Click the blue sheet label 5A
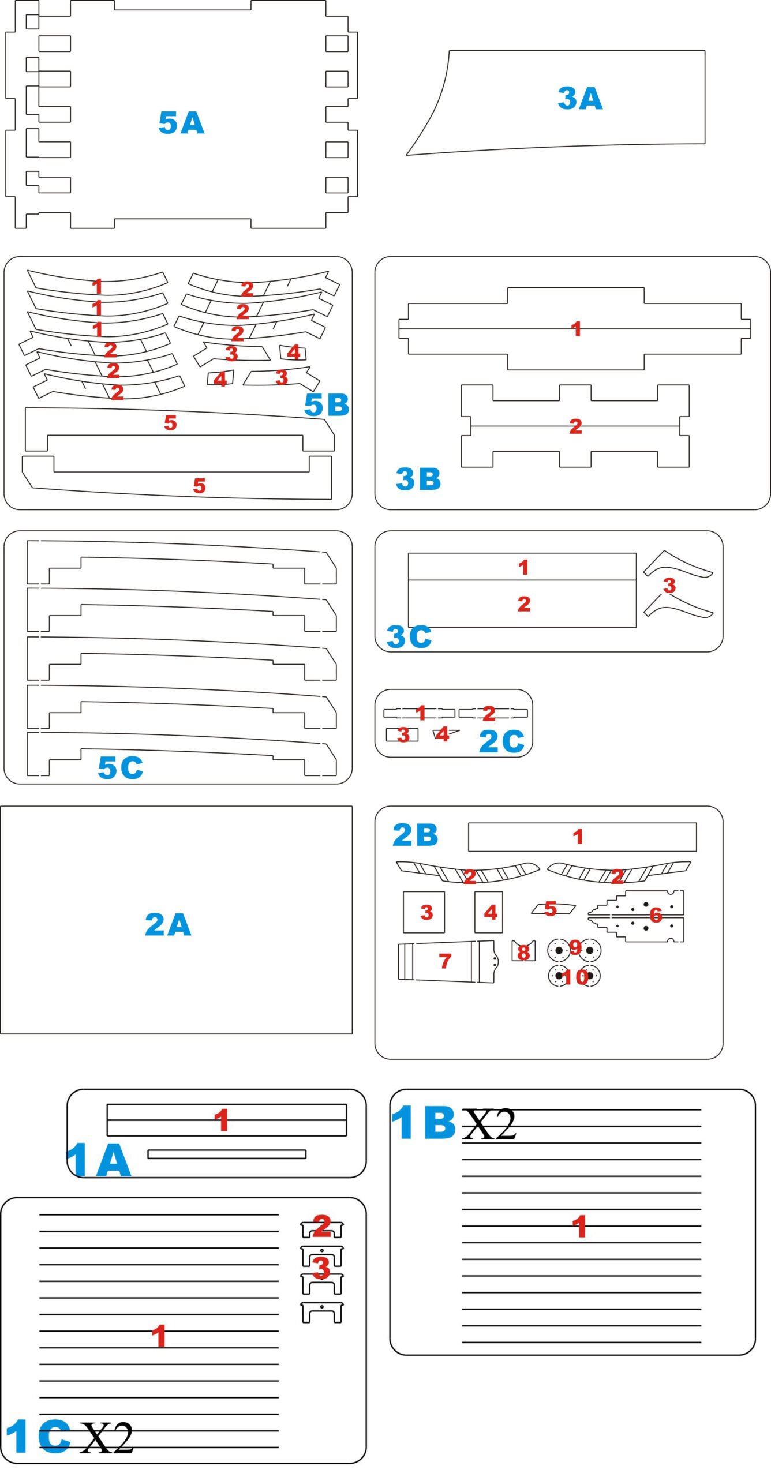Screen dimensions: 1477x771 pyautogui.click(x=181, y=123)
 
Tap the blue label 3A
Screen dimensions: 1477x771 pyautogui.click(x=580, y=98)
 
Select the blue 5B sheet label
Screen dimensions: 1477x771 pyautogui.click(x=327, y=404)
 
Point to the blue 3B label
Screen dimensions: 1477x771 pyautogui.click(x=418, y=479)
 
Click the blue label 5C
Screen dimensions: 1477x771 pyautogui.click(x=120, y=767)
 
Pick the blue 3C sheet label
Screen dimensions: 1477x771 pyautogui.click(x=409, y=636)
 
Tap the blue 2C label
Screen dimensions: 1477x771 pyautogui.click(x=501, y=741)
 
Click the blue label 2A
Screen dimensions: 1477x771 pyautogui.click(x=167, y=924)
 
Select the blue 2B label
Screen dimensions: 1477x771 pyautogui.click(x=415, y=835)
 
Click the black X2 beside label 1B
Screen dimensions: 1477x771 pyautogui.click(x=489, y=1124)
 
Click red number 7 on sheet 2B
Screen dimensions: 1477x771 pyautogui.click(x=444, y=961)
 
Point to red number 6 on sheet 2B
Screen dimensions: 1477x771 pyautogui.click(x=656, y=914)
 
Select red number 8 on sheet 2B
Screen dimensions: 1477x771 pyautogui.click(x=523, y=953)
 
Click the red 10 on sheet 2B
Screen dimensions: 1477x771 pyautogui.click(x=575, y=977)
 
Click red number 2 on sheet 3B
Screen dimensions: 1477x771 pyautogui.click(x=575, y=426)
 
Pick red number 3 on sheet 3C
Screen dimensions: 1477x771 pyautogui.click(x=669, y=586)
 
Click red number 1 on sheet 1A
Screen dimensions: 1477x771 pyautogui.click(x=222, y=1120)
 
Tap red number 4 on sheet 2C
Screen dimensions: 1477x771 pyautogui.click(x=442, y=734)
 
